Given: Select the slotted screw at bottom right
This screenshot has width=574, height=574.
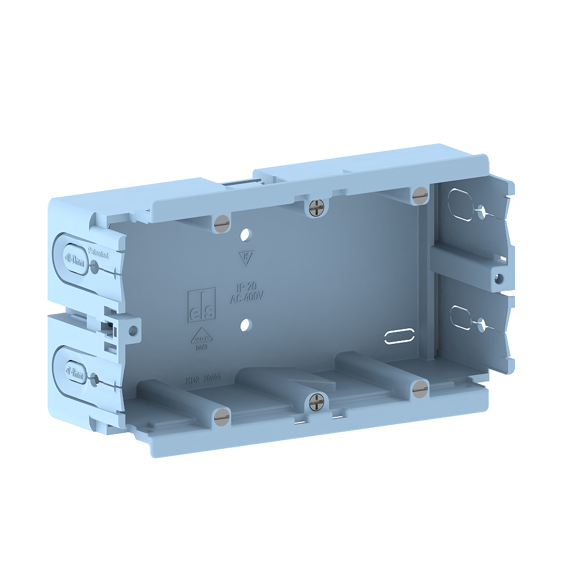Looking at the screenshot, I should [420, 389].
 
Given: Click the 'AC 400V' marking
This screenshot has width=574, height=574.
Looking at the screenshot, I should [247, 298].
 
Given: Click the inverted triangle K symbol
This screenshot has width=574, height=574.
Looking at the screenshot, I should [245, 258].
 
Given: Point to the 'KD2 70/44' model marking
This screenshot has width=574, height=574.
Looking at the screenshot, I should [204, 380].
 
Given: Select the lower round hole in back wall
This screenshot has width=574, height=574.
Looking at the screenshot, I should [246, 325].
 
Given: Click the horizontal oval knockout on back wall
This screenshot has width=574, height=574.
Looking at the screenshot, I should [399, 336].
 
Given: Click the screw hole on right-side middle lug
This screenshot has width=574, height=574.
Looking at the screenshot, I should [499, 278].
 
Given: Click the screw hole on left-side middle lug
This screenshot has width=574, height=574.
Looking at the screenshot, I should [134, 331].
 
